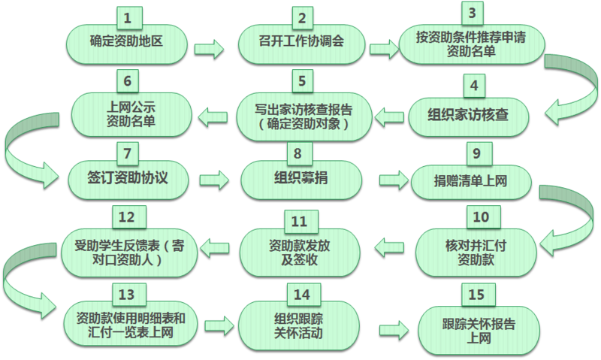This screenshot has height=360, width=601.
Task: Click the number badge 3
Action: [472, 14]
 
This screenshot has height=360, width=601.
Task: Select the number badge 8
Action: [299, 153]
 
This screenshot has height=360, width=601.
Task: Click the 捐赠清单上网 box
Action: [472, 181]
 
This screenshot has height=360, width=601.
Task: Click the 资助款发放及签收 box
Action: [299, 249]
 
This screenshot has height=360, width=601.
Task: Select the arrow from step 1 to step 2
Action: [210, 50]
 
